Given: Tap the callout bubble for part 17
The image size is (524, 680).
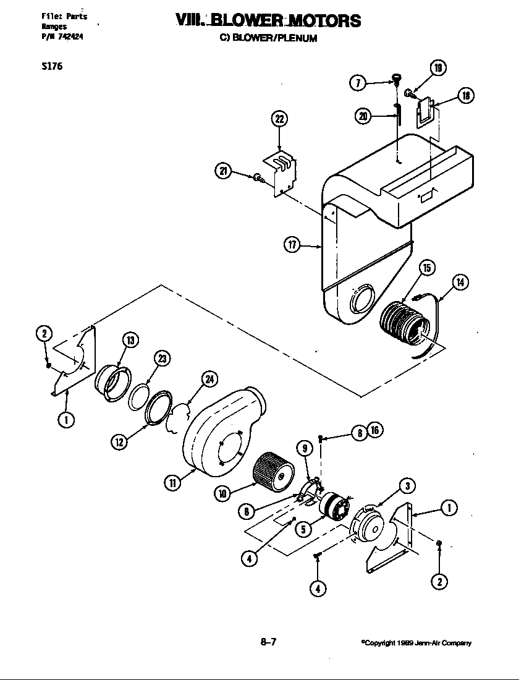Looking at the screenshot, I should tap(292, 246).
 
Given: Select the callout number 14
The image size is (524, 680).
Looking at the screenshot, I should tap(460, 283).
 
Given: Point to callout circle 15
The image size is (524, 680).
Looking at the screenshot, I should tap(426, 268).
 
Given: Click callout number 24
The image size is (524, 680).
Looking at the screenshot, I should tap(209, 380).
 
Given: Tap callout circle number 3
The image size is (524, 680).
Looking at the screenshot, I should tap(406, 486).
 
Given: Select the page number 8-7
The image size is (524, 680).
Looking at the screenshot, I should tap(268, 642).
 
